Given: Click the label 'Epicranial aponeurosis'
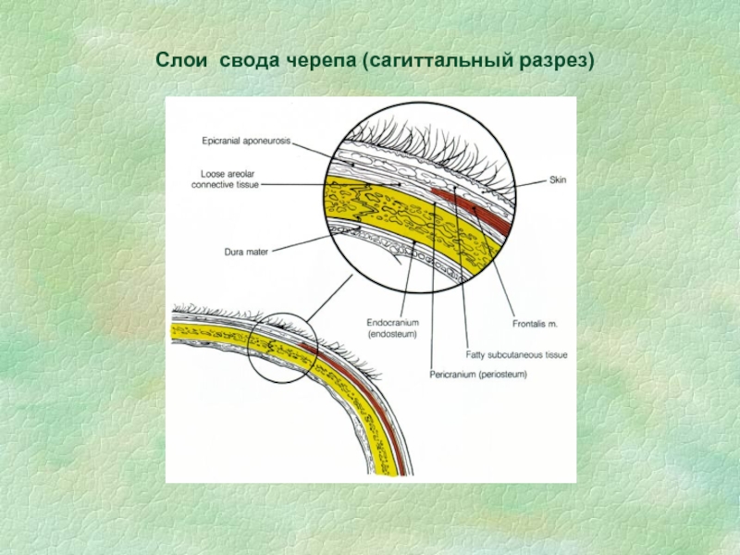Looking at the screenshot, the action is point(246,141).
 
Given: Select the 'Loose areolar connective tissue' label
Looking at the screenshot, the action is point(225,179).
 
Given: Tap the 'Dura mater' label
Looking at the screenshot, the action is point(245,251).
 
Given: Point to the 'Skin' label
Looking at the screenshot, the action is point(557,179).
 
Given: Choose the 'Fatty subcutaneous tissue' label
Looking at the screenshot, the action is point(517,354).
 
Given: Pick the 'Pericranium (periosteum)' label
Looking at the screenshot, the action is point(478,375).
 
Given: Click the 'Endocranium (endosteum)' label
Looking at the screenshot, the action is point(393,327).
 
